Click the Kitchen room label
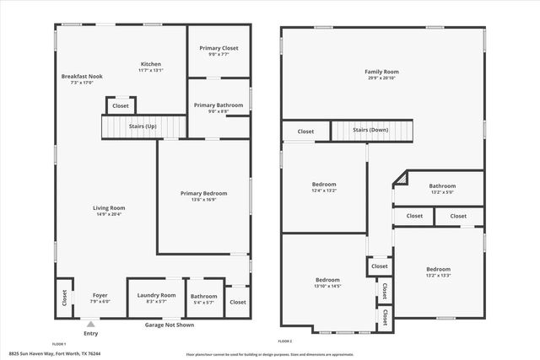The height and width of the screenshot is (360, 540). [x=150, y=65]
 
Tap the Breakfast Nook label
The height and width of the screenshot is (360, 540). [x=82, y=77]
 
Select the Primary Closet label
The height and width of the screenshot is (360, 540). [x=219, y=48]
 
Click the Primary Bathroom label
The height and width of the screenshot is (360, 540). [x=218, y=105]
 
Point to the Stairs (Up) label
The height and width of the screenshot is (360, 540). [x=143, y=126]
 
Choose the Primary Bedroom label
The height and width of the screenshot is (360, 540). [x=203, y=193]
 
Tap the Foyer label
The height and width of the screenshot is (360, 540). [x=100, y=295]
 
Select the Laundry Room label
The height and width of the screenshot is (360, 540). [x=156, y=295]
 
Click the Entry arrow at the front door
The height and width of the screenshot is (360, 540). [x=90, y=321]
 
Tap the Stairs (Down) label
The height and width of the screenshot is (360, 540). [x=370, y=131]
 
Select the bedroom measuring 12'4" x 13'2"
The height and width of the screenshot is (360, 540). [x=324, y=185]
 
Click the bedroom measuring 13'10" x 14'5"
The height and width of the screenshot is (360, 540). [x=327, y=280]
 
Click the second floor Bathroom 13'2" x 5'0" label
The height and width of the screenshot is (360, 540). [x=441, y=186]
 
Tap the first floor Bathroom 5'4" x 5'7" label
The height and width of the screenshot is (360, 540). [x=203, y=296]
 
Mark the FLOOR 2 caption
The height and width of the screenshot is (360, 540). [x=284, y=341]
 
